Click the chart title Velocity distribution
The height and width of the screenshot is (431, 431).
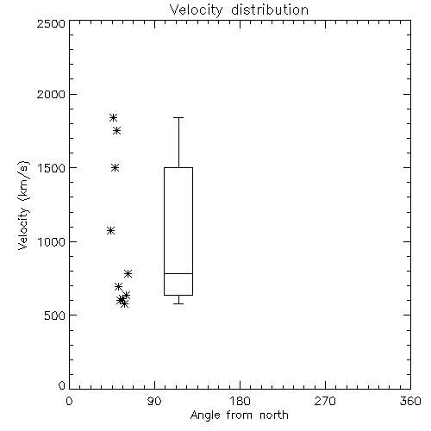(x=239, y=9)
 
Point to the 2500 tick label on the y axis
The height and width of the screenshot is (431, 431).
(x=51, y=23)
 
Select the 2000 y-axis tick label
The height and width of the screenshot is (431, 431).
(x=51, y=95)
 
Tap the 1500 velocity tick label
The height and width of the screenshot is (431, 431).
(x=52, y=168)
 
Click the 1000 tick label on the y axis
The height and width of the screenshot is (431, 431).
(x=52, y=242)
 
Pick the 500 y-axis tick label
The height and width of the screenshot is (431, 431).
(x=55, y=315)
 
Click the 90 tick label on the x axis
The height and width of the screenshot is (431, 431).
(x=154, y=401)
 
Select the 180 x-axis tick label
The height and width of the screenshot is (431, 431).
(x=240, y=401)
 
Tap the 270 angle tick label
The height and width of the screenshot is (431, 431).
(x=325, y=401)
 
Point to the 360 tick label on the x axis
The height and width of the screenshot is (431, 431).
(x=410, y=401)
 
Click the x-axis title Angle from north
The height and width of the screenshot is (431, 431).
(x=240, y=415)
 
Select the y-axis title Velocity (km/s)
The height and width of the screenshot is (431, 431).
(x=23, y=205)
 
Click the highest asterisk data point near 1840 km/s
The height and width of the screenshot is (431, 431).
(x=113, y=117)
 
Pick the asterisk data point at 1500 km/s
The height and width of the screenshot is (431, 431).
(x=116, y=168)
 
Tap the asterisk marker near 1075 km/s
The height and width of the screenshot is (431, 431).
(x=111, y=231)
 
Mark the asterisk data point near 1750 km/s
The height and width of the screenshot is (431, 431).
(x=116, y=131)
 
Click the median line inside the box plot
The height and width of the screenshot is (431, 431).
(x=178, y=273)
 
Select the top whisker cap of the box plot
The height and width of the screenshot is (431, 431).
(x=178, y=117)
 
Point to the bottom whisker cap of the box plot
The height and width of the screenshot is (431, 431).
(x=178, y=303)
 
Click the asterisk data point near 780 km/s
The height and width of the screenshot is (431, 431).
(x=128, y=273)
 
